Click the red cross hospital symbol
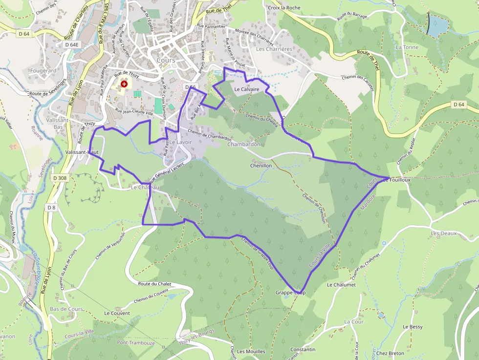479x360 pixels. [x=124, y=84]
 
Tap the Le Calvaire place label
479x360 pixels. [x=246, y=89]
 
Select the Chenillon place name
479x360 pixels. [x=261, y=166]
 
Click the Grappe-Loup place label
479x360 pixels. [x=290, y=293]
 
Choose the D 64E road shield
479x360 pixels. [x=71, y=44]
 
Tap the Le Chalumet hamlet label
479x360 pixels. [x=341, y=285]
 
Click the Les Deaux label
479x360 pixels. [x=443, y=233]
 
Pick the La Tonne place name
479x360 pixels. [x=407, y=47]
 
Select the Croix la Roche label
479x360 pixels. [x=284, y=8]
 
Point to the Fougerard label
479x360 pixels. [x=44, y=71]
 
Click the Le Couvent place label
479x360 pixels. [x=117, y=313]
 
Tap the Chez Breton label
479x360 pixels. [x=390, y=353]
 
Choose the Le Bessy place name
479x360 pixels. [x=413, y=327]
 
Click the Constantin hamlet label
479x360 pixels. [x=303, y=350]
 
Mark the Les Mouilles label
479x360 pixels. [x=251, y=352]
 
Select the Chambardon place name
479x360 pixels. [x=244, y=145]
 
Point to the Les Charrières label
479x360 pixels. [x=274, y=49]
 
